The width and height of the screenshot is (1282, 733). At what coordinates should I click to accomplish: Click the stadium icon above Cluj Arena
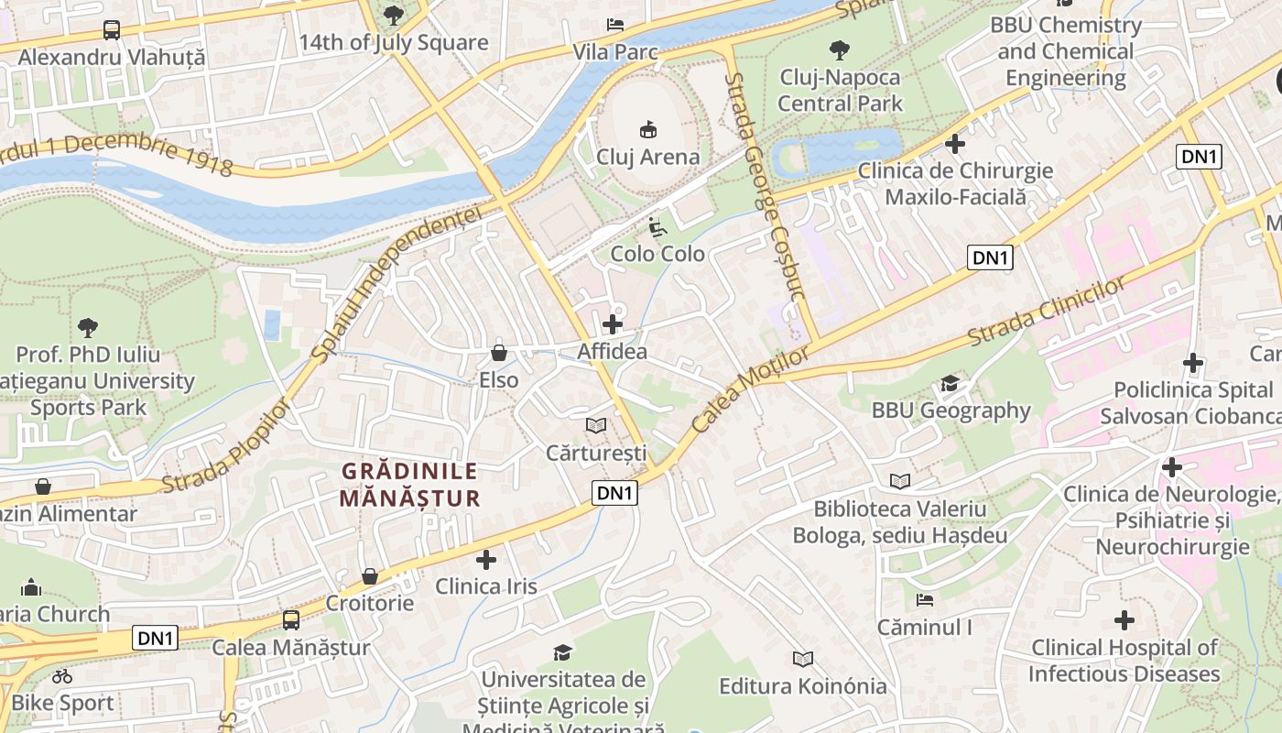647,129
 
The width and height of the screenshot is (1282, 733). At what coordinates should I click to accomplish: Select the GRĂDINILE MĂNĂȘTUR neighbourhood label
409,485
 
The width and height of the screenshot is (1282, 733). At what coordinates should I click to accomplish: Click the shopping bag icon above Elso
499,352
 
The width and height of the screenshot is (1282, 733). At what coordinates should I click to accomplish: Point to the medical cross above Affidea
612,324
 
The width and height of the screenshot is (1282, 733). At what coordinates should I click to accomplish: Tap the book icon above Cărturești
596,425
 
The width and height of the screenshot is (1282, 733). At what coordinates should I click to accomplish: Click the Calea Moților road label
751,389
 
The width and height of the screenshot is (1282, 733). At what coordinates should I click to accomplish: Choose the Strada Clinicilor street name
1046,312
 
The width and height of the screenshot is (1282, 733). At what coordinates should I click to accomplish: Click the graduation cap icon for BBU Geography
951,383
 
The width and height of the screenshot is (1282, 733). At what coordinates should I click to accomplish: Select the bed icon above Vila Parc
615,25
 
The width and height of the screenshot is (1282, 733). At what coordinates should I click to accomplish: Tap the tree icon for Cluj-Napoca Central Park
839,49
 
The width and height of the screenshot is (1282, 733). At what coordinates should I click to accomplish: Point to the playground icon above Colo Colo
657,226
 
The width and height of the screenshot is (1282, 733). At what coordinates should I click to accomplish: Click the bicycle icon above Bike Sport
62,677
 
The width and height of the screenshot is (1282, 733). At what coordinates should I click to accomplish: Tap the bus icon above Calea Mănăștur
290,620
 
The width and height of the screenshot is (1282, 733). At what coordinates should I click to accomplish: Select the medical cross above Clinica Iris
486,559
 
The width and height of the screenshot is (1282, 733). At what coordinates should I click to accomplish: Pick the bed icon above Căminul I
924,601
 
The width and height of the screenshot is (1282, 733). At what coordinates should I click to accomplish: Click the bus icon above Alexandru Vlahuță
112,30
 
